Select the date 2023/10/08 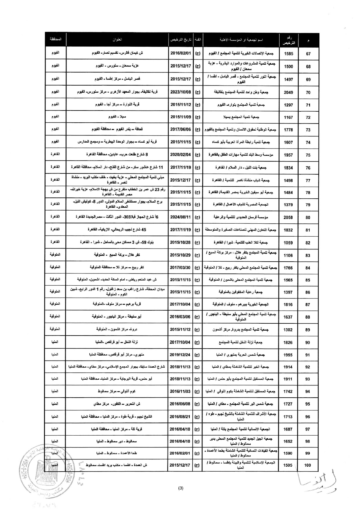(180, 92)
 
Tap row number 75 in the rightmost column (308, 155)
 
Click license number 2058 (288, 218)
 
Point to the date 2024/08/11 (180, 217)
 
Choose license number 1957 (288, 155)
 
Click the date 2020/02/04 (180, 155)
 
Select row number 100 (307, 465)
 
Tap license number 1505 (288, 465)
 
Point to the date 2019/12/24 (180, 355)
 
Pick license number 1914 (288, 367)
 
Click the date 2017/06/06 (180, 130)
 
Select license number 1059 (288, 243)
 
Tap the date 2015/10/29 (180, 255)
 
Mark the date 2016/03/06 (180, 317)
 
